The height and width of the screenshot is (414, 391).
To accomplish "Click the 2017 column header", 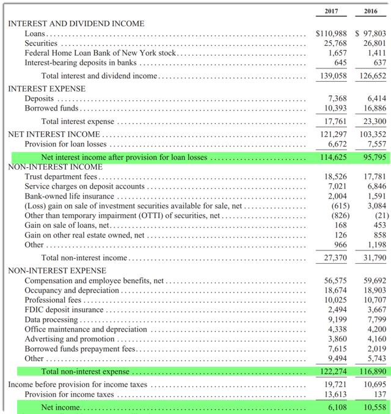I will point(332,11).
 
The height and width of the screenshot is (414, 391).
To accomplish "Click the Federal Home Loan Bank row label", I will point(101,53).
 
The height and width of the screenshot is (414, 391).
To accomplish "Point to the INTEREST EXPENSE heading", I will point(46,89).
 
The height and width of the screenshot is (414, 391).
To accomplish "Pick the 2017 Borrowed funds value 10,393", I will point(334,108).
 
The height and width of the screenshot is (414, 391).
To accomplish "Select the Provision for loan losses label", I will point(65,144).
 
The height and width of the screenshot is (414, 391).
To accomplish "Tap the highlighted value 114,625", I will point(333,157).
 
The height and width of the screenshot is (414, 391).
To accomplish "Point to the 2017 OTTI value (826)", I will point(337,216).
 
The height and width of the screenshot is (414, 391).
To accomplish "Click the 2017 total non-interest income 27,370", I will point(334,258).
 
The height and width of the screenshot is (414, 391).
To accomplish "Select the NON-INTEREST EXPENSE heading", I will point(56,271).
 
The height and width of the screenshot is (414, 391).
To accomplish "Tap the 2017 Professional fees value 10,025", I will point(334,300).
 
